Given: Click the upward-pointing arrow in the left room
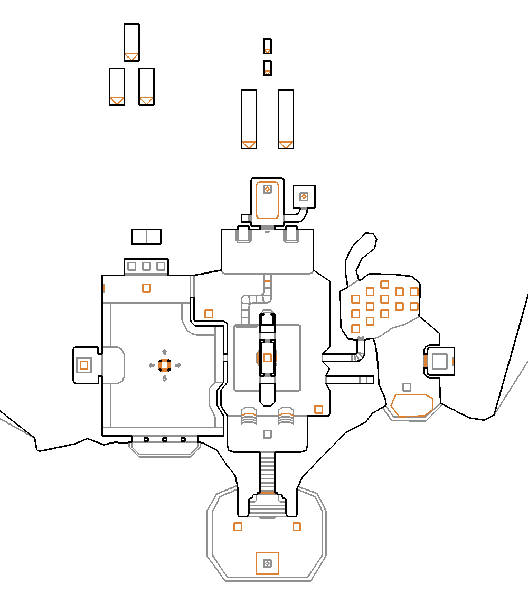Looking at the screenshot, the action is point(164,352).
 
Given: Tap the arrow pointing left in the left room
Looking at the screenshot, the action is point(152,365).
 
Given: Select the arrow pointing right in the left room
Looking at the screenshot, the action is point(178,365).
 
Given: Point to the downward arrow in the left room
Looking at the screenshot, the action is point(164,378).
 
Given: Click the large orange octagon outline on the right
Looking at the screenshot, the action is point(412,405).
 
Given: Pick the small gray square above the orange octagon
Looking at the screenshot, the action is point(407,387).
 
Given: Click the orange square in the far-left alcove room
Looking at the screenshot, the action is point(83,364).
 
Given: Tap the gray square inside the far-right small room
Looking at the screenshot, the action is point(439,361).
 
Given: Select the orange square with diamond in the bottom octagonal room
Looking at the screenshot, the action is point(267,563).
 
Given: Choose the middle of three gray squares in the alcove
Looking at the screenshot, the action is point(146,267).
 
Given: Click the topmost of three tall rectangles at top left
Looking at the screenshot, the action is point(131,42).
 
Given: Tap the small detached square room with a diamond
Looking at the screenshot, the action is point(304,196).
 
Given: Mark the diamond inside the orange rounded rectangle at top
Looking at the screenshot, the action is point(267,189).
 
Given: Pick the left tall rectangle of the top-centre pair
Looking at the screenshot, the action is point(249,119).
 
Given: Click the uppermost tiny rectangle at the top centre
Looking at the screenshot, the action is point(267,46).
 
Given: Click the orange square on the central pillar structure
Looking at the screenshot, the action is point(267,357).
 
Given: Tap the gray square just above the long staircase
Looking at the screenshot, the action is point(267,434).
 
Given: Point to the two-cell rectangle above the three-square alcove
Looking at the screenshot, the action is point(146,237).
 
